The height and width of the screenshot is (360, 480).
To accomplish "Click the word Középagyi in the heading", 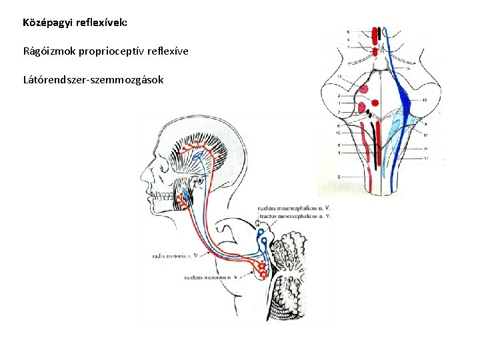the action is (x=45, y=23).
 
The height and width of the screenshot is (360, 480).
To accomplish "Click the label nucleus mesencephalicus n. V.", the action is (x=293, y=208).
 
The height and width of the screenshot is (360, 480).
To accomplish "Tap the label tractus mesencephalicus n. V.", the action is (x=293, y=216).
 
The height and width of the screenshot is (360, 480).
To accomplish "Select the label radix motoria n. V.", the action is (x=171, y=255).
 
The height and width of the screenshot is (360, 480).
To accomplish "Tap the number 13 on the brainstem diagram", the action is (x=339, y=77).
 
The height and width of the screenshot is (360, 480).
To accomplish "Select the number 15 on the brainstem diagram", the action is (x=425, y=100).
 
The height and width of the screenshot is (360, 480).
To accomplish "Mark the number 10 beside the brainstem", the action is (x=339, y=133).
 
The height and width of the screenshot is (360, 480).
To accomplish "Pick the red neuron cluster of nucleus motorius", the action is (x=262, y=269).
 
